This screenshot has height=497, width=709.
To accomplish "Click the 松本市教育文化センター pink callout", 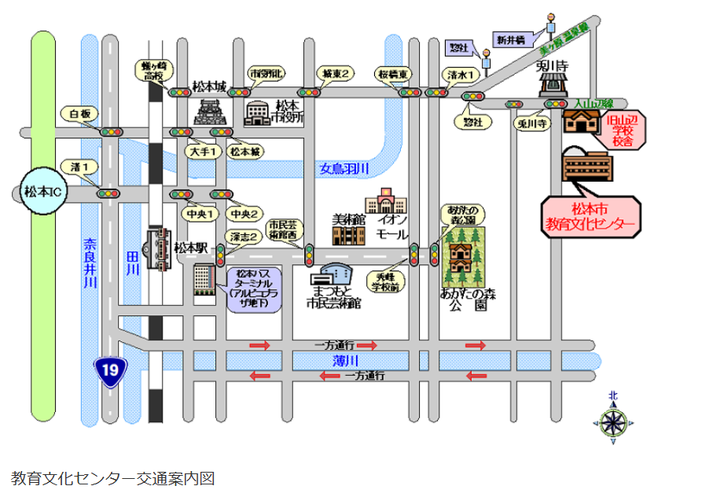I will pyautogui.click(x=592, y=218).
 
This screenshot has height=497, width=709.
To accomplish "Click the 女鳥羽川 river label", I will pyautogui.click(x=344, y=168).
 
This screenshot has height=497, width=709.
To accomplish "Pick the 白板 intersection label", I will pyautogui.click(x=79, y=114).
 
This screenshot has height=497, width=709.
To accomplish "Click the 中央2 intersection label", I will pyautogui.click(x=244, y=213).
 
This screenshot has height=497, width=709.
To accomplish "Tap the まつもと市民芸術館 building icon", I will pyautogui.click(x=332, y=274).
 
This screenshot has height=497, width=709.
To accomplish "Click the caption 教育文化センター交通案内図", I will pyautogui.click(x=112, y=477).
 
